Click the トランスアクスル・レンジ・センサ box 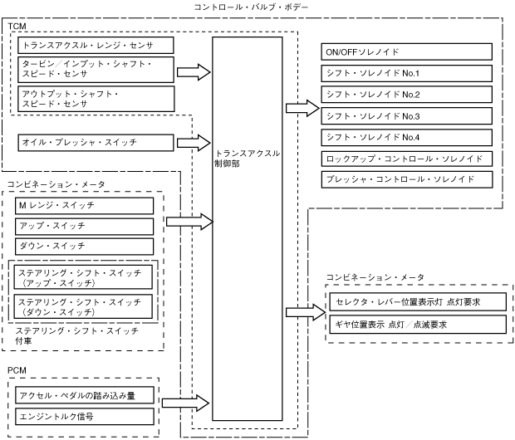pos(96,45)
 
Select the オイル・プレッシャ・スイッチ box pos(96,143)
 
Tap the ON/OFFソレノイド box pos(407,52)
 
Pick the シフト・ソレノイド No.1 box pos(407,73)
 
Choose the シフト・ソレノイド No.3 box pos(407,115)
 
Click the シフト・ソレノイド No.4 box pos(407,136)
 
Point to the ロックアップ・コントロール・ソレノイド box pos(407,158)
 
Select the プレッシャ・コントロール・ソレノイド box pos(407,178)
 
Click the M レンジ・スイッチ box pos(84,205)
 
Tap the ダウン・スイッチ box pos(84,247)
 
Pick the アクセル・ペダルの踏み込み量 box pos(84,394)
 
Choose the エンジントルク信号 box pos(84,414)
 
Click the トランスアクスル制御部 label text pos(247,159)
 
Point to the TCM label pos(17,27)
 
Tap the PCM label pos(17,368)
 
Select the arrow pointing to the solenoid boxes pos(302,107)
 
